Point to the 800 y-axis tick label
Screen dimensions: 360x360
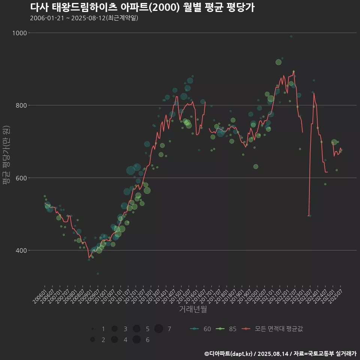pyautogui.click(x=21, y=105)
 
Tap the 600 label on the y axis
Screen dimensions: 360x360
pyautogui.click(x=21, y=178)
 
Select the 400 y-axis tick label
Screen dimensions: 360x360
pyautogui.click(x=21, y=250)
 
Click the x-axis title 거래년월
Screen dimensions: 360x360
pyautogui.click(x=193, y=309)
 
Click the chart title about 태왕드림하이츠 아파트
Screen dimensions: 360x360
pyautogui.click(x=142, y=7)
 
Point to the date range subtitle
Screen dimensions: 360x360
pyautogui.click(x=84, y=18)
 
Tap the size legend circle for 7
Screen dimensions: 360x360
pyautogui.click(x=159, y=329)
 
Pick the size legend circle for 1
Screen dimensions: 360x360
pyautogui.click(x=92, y=329)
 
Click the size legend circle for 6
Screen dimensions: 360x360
pyautogui.click(x=136, y=340)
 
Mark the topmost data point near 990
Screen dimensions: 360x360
pyautogui.click(x=291, y=37)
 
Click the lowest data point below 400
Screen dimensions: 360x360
pyautogui.click(x=98, y=274)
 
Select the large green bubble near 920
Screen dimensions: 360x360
pyautogui.click(x=278, y=62)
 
